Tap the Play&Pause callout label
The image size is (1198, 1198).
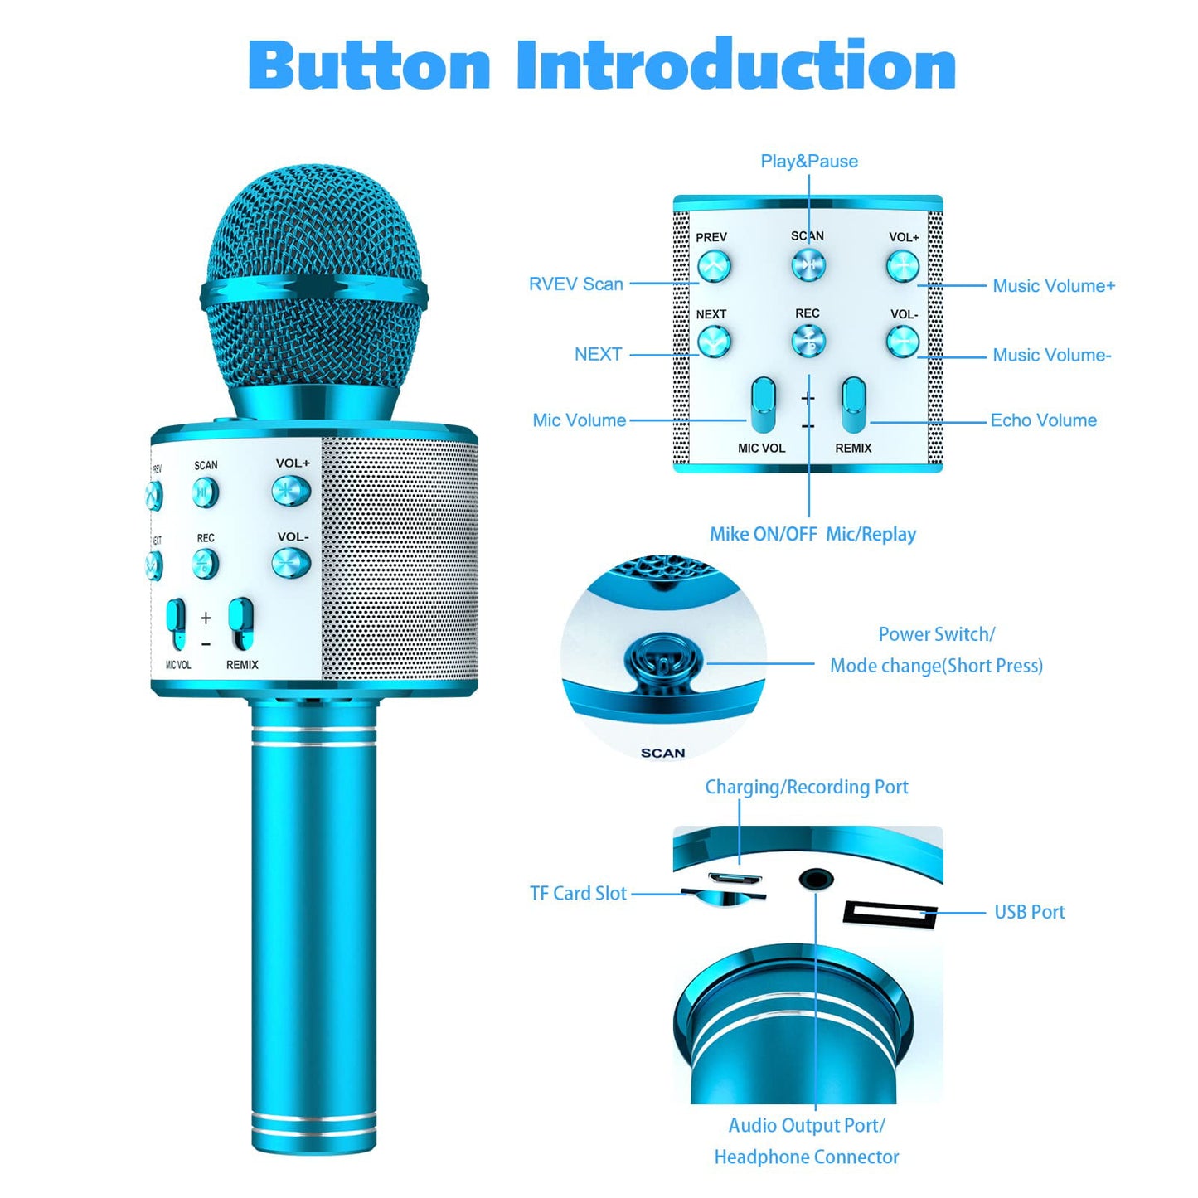click(x=809, y=162)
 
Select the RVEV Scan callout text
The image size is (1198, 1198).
click(x=575, y=284)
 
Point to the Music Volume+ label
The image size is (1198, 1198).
click(x=1054, y=286)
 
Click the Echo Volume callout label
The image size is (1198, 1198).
click(x=1043, y=420)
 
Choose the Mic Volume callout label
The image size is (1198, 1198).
click(x=579, y=420)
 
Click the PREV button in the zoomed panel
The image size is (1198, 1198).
click(x=714, y=267)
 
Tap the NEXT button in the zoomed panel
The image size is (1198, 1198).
click(x=714, y=342)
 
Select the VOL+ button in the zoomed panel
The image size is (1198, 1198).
click(x=903, y=267)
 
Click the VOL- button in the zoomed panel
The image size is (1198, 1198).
click(x=903, y=342)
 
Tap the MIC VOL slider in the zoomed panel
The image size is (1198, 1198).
click(x=764, y=405)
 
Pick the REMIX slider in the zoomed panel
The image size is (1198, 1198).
click(x=854, y=405)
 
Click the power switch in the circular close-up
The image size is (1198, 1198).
click(x=662, y=663)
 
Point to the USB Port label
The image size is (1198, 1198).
click(x=1030, y=912)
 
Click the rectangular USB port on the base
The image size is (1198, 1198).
click(x=890, y=914)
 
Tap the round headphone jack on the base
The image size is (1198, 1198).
click(x=815, y=880)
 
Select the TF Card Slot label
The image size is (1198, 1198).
click(x=578, y=894)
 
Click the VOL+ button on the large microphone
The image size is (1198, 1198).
click(x=291, y=491)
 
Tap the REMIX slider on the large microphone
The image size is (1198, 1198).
click(x=240, y=623)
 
